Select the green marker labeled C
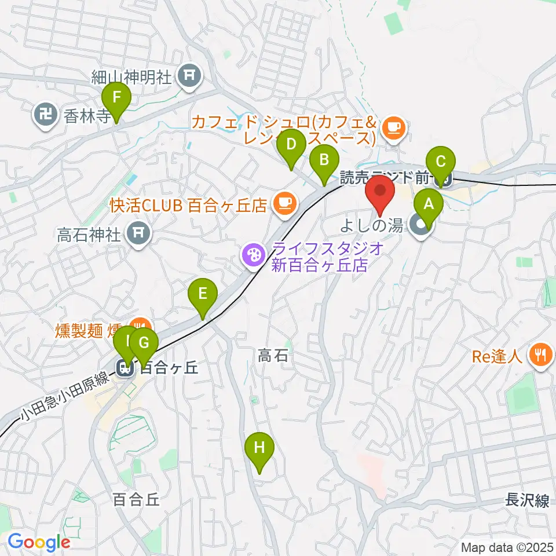tap(441, 160)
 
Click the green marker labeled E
tap(202, 294)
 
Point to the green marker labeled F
tap(116, 97)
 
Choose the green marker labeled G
tap(144, 343)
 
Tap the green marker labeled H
tap(258, 448)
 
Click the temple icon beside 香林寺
tap(45, 115)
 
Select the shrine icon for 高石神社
tap(139, 233)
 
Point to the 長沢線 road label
tap(527, 500)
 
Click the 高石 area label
tap(273, 355)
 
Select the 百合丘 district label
tap(136, 500)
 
